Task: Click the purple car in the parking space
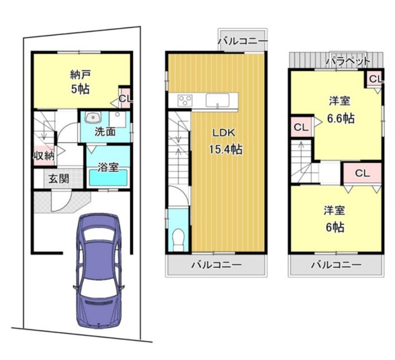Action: coord(99,271)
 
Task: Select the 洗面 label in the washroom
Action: coord(105,132)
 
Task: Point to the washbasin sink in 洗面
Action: coord(93,118)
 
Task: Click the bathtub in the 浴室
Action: coord(108,178)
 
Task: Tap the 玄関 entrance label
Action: coord(59,179)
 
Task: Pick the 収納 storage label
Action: coord(44,156)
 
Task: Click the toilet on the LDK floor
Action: coord(178,240)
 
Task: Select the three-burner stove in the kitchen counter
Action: coord(185,101)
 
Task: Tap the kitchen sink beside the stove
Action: coord(218,100)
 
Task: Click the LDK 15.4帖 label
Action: coord(225,141)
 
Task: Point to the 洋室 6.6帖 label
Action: coord(341,111)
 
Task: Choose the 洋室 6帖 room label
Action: coord(335,219)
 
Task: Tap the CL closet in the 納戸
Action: coord(125,98)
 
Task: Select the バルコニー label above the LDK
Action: coord(243,41)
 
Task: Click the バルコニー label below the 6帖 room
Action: coord(336,265)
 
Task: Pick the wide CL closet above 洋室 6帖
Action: coord(362,173)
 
